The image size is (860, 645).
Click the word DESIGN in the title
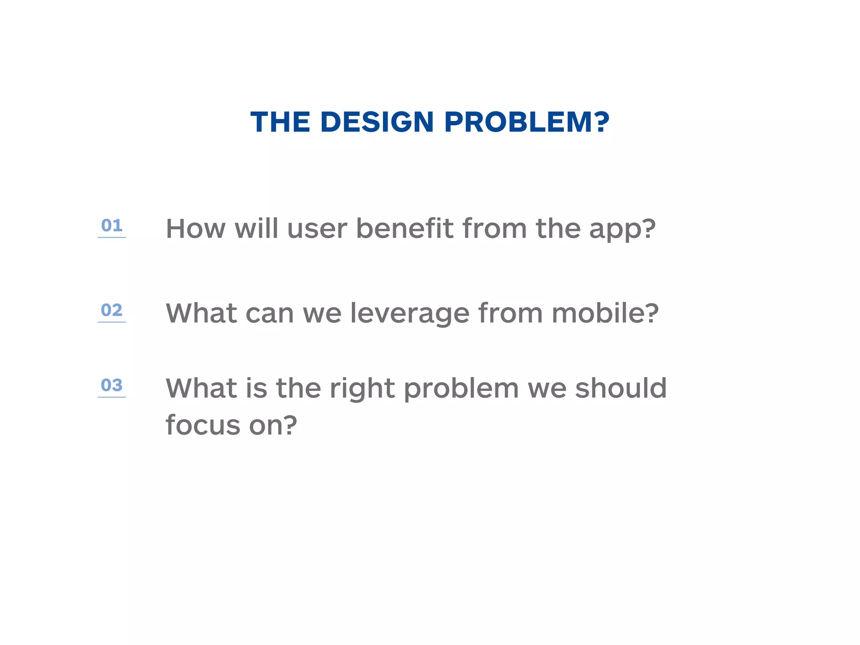pyautogui.click(x=377, y=122)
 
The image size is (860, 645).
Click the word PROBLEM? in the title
pyautogui.click(x=527, y=122)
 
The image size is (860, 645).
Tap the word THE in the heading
pyautogui.click(x=280, y=122)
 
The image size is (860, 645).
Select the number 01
pyautogui.click(x=112, y=226)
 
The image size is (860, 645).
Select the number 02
pyautogui.click(x=112, y=310)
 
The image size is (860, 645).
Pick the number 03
pyautogui.click(x=112, y=385)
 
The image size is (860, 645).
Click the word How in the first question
pyautogui.click(x=196, y=229)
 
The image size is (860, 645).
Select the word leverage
pyautogui.click(x=410, y=314)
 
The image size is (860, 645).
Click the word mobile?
pyautogui.click(x=605, y=313)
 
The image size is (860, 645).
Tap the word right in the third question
pyautogui.click(x=362, y=389)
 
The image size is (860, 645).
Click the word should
pyautogui.click(x=621, y=388)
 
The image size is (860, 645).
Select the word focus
pyautogui.click(x=203, y=425)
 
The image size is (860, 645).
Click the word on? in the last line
pyautogui.click(x=273, y=426)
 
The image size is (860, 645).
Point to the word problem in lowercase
pyautogui.click(x=461, y=389)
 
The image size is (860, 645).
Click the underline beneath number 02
pyautogui.click(x=112, y=322)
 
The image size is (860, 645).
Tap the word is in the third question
pyautogui.click(x=256, y=388)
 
